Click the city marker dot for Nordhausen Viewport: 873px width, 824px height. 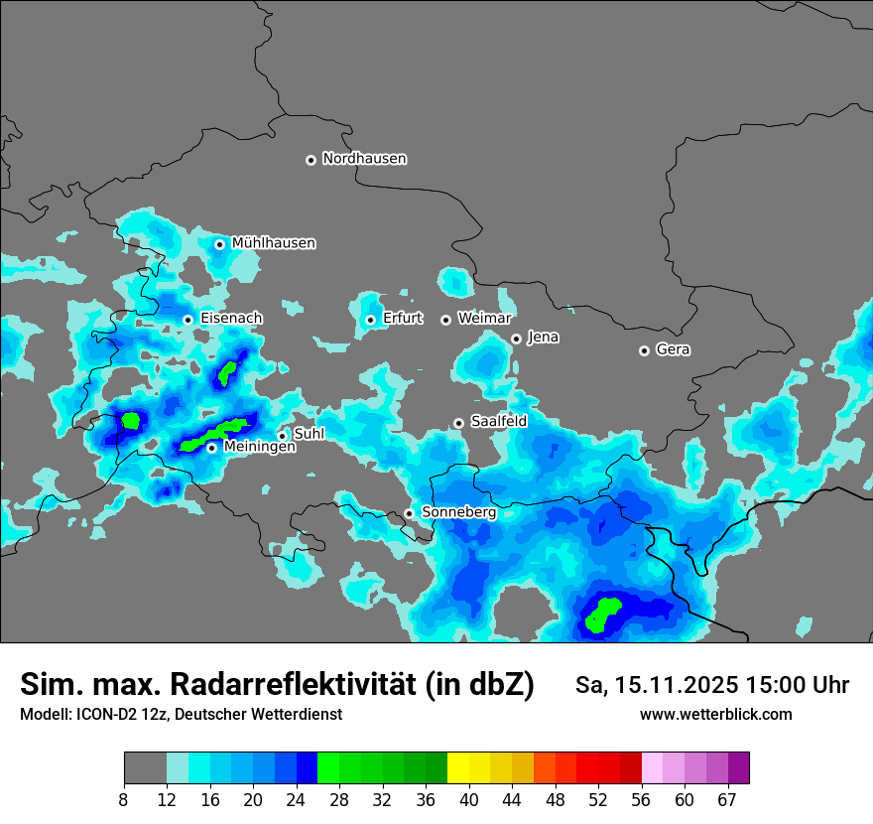(x=311, y=160)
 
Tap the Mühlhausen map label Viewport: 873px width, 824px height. (x=274, y=243)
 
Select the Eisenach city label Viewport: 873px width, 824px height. (x=231, y=319)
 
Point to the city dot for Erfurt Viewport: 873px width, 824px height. (x=370, y=320)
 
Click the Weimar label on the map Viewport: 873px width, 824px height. (x=484, y=319)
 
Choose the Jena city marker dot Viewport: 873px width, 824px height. (x=516, y=339)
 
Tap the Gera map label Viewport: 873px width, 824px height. (x=673, y=349)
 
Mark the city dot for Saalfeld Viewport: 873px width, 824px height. (x=458, y=423)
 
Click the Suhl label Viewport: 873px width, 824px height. (x=309, y=434)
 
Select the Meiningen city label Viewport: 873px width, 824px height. (x=259, y=448)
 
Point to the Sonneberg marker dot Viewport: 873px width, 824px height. (x=409, y=513)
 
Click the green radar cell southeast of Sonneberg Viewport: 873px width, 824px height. (x=602, y=613)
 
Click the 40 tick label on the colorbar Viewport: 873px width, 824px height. (x=469, y=799)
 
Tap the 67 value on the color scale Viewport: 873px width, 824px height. (x=727, y=799)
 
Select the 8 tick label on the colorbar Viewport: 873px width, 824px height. (x=124, y=799)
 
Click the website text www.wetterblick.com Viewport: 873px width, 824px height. (x=715, y=715)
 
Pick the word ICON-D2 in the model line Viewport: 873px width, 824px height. (x=100, y=715)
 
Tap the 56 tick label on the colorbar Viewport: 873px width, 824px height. (x=642, y=799)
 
